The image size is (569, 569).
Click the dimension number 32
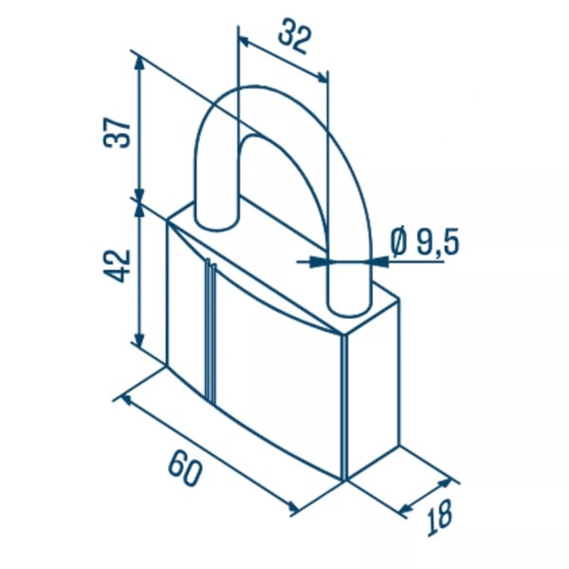coord(295,36)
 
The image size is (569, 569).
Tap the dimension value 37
coord(117,133)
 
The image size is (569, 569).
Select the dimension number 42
coord(117,266)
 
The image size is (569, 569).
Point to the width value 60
coord(185,468)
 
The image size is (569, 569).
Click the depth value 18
coord(440,518)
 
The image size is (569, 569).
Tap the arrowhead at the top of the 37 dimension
coord(139,64)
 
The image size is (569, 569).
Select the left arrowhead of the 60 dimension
coord(127,401)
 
